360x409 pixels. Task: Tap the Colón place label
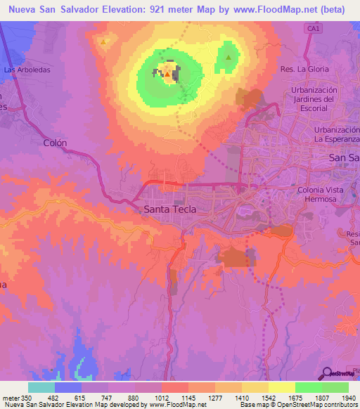55,143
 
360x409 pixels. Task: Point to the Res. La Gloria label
304,70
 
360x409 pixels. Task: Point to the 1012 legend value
162,398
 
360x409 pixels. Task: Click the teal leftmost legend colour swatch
41,387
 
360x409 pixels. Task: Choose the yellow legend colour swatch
281,387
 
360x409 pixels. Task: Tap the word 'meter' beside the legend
11,398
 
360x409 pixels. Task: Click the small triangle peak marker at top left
104,41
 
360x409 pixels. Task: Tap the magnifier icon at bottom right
328,373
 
